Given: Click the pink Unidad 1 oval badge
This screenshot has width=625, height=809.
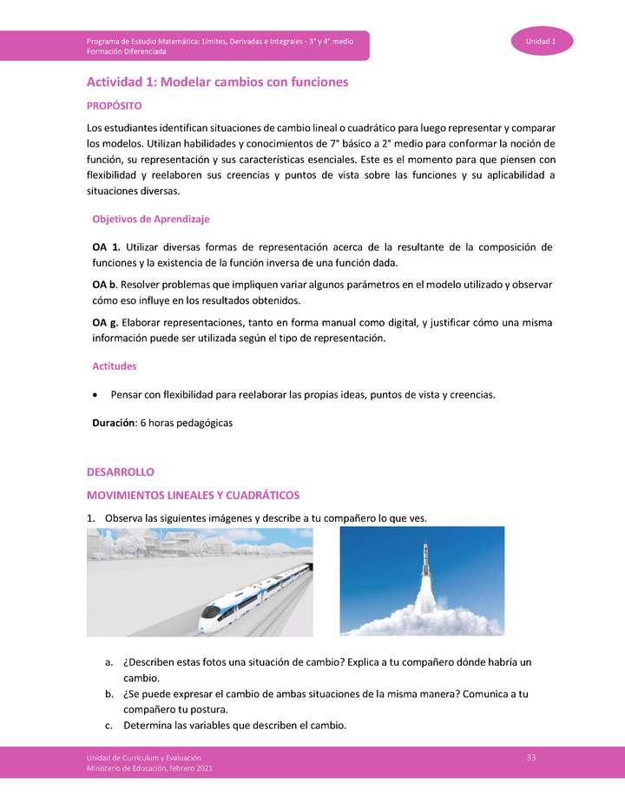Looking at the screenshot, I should [542, 41].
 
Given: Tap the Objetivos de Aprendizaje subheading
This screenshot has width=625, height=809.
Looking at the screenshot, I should [150, 219].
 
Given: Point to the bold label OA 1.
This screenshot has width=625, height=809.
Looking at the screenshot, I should [105, 247].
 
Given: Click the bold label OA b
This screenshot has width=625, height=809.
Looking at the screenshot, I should [105, 285].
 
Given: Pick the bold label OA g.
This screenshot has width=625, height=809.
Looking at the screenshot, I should [106, 323].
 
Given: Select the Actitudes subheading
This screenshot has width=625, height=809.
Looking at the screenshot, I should [115, 366].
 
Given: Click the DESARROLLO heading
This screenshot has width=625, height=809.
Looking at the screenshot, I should [120, 472].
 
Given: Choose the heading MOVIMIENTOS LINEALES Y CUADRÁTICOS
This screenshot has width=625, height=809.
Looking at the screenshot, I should [193, 495].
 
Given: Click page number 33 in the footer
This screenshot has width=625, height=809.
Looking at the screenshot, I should [531, 759].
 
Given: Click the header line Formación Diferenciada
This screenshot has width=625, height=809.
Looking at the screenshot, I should [130, 52].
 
